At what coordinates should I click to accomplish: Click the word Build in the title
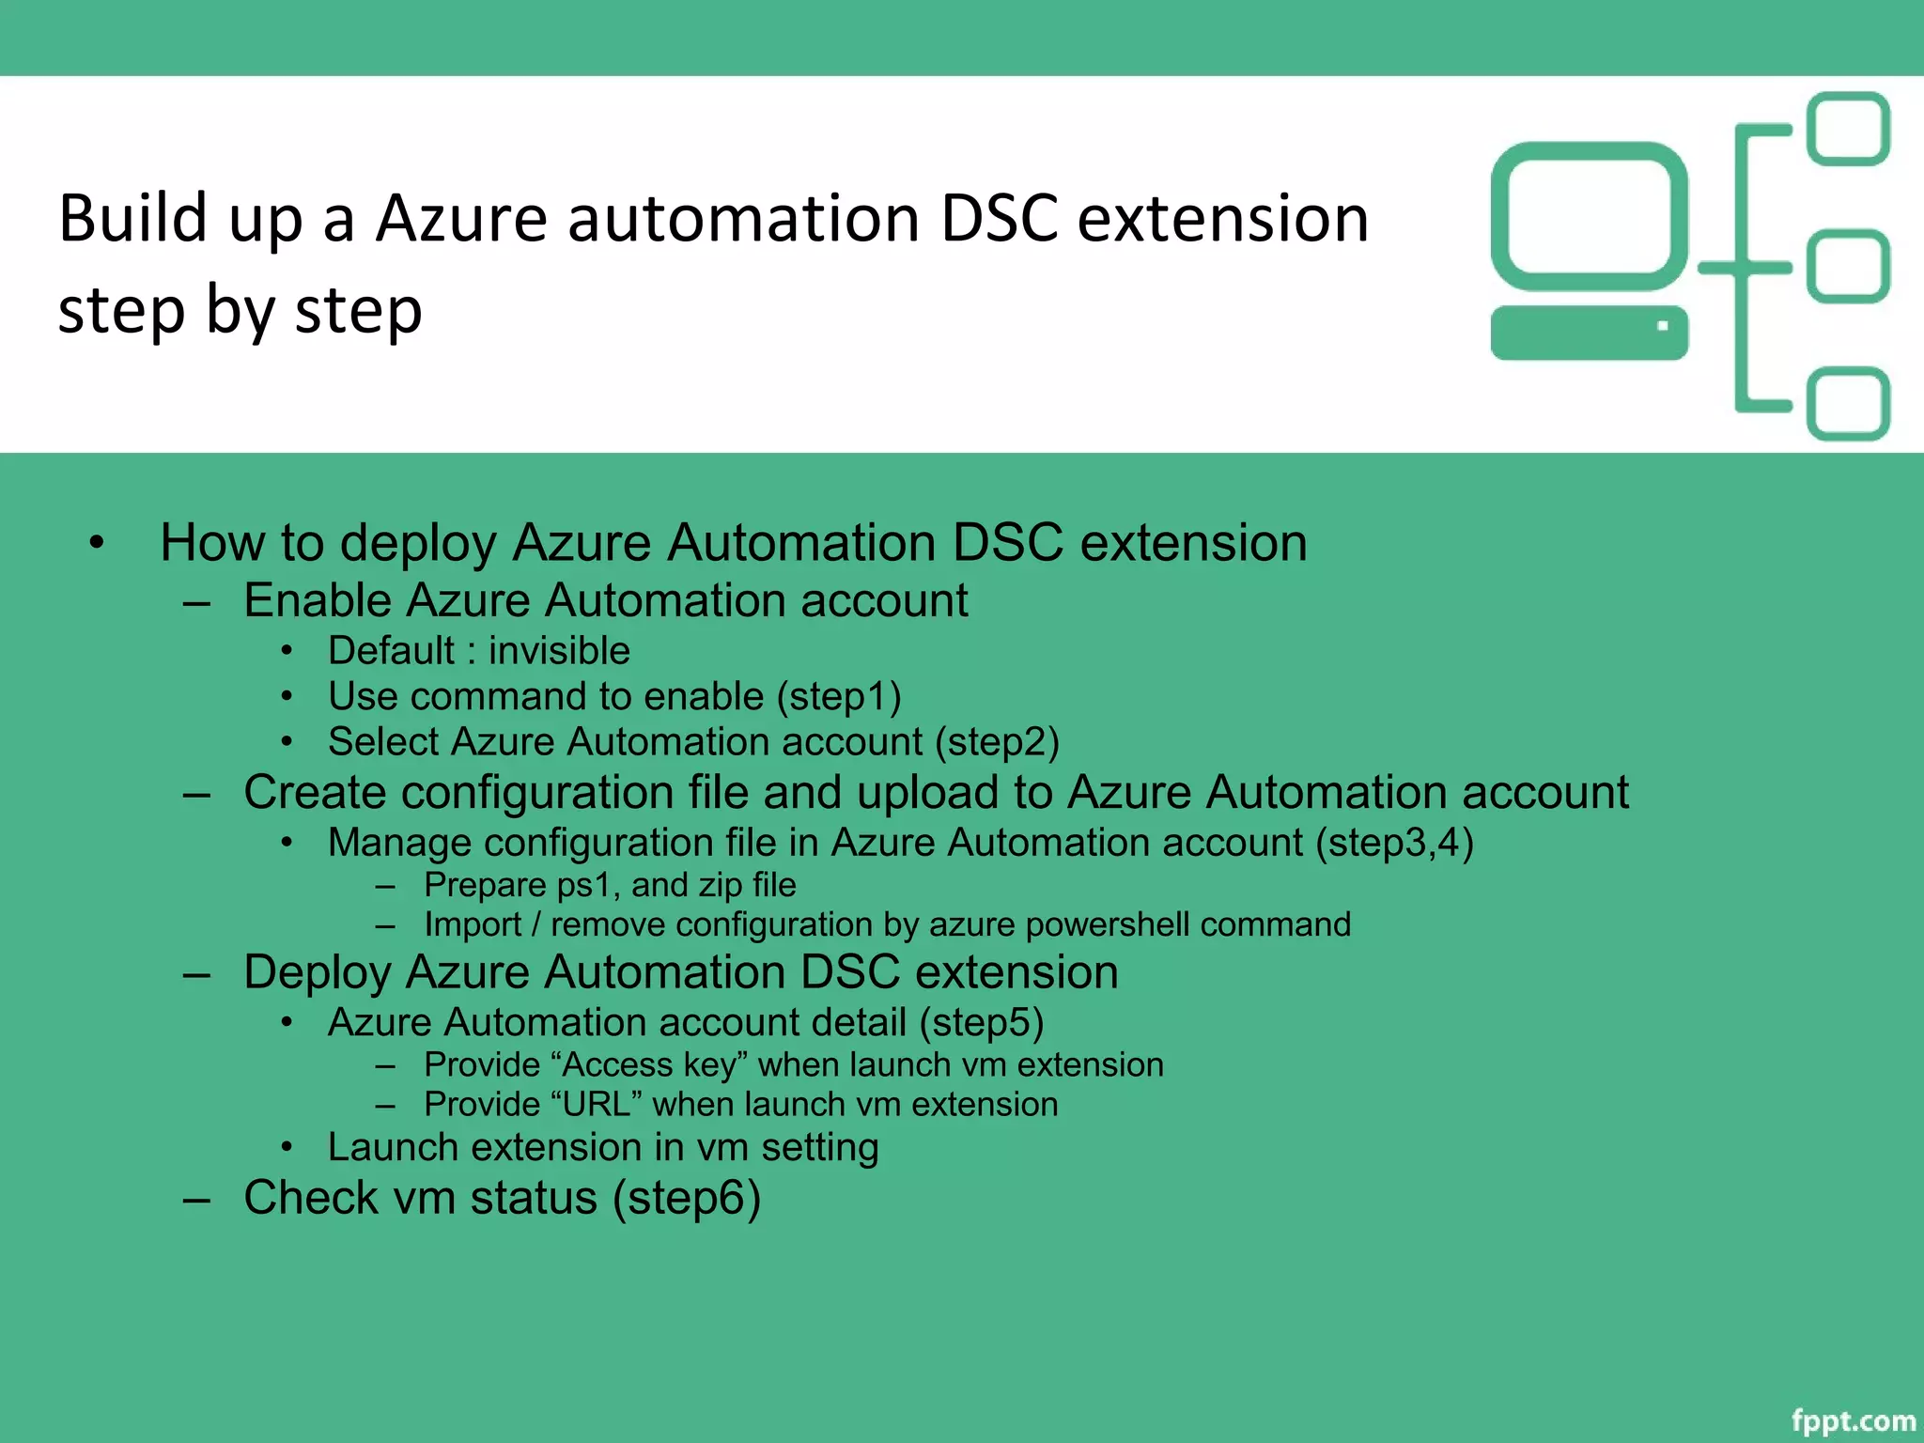[132, 219]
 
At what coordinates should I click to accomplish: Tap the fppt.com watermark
[1853, 1420]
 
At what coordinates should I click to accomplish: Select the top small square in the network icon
[1848, 129]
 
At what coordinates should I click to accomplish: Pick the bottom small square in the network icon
[1848, 404]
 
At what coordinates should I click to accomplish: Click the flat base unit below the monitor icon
[1589, 333]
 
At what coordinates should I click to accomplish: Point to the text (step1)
[839, 697]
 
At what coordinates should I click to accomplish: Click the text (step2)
[997, 742]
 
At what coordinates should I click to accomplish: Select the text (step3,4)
[1394, 843]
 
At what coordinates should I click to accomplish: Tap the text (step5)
[981, 1023]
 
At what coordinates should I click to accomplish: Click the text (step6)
[687, 1199]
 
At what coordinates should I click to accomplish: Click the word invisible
[559, 651]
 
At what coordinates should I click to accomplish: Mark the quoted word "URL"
[597, 1105]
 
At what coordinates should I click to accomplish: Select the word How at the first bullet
[211, 543]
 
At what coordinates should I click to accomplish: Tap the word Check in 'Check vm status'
[311, 1199]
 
